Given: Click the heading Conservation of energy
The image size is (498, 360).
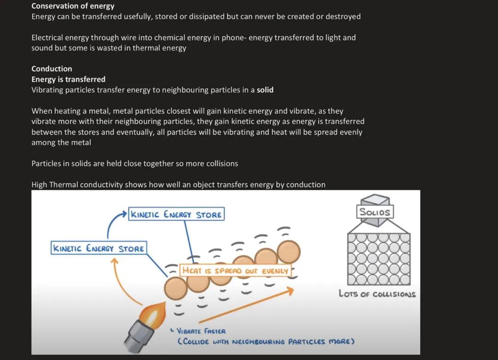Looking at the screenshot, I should (x=73, y=6).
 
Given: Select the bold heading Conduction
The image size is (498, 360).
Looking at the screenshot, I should (x=52, y=69).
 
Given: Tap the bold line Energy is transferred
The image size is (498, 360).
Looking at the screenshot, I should (x=68, y=79).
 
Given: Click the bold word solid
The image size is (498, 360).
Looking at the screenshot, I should (x=265, y=90).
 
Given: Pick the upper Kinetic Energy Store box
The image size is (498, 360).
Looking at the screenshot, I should (x=177, y=214).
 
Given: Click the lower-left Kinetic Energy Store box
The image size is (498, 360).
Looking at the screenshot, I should (x=99, y=248).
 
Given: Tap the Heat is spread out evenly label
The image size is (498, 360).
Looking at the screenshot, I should (x=235, y=271).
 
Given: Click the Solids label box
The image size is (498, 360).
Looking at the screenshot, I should (x=374, y=212).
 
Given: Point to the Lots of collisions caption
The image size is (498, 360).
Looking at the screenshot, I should (x=377, y=294).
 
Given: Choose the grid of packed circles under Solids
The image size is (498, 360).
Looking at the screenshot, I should (x=379, y=258).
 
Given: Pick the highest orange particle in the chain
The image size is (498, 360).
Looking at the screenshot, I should (x=289, y=251).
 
